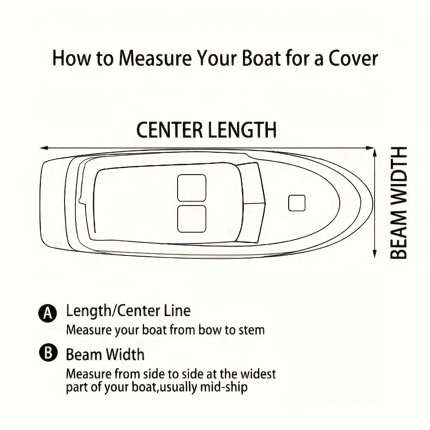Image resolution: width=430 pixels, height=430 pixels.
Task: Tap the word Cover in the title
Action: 353,58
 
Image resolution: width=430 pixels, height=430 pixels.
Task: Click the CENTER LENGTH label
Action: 206,130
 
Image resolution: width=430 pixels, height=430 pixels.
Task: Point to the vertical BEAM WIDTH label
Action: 399,203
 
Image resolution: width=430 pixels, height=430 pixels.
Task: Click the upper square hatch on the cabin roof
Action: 192,187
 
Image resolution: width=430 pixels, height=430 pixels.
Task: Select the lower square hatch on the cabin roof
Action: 192,218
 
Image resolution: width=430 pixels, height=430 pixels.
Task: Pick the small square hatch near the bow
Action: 297,203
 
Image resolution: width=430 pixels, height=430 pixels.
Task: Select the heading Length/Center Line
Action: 128,310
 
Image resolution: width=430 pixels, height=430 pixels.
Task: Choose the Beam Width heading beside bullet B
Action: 105,355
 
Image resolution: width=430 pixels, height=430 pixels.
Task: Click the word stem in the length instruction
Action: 251,330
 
